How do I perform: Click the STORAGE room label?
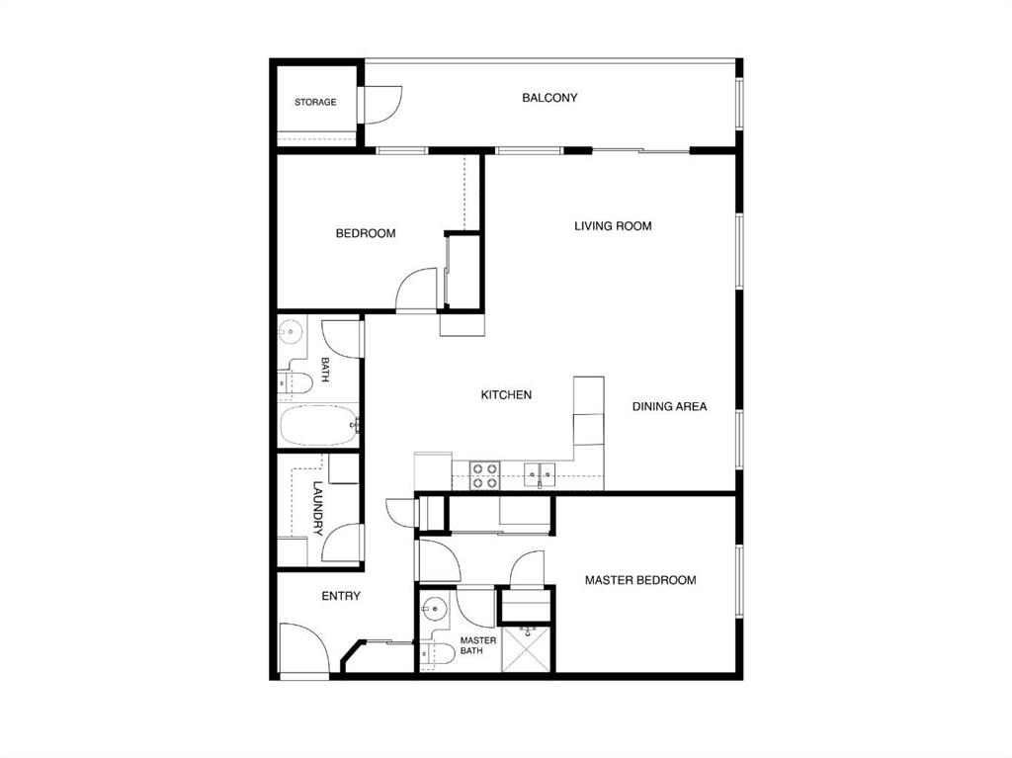[315, 102]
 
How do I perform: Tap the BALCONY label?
[549, 98]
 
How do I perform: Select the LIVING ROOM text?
[613, 226]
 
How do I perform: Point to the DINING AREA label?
[669, 406]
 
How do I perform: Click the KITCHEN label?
[506, 394]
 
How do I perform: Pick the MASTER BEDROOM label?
[640, 580]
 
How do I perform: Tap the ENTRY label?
[341, 596]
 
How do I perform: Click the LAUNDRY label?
[318, 508]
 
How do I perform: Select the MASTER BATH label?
[477, 645]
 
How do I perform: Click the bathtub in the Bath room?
[318, 426]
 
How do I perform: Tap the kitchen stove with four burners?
[484, 475]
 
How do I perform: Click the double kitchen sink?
[540, 474]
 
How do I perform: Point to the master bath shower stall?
[527, 649]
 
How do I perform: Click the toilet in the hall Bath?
[295, 382]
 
